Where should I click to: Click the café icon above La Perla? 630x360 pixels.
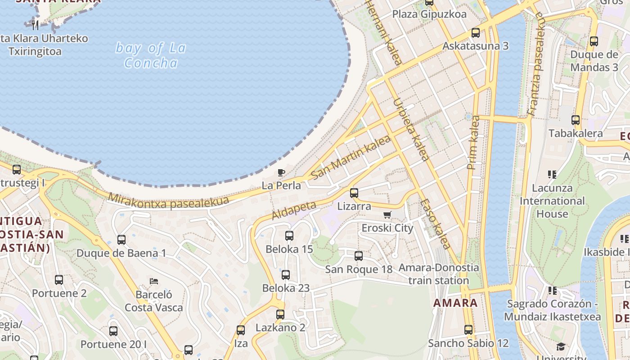click(x=281, y=172)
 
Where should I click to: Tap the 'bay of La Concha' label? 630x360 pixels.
click(x=151, y=55)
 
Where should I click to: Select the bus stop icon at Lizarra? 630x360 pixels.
click(x=354, y=193)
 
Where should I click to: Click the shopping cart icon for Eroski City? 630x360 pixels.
click(x=387, y=215)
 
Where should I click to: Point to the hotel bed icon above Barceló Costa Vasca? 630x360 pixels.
click(x=154, y=282)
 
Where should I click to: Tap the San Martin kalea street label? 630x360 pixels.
click(x=351, y=157)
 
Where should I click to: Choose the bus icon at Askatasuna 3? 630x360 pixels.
click(x=476, y=33)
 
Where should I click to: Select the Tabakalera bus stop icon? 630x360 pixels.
click(x=576, y=120)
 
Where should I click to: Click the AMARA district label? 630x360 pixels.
click(x=455, y=303)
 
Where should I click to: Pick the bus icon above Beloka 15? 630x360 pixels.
click(x=289, y=235)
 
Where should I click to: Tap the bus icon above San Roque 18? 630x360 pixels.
click(x=359, y=256)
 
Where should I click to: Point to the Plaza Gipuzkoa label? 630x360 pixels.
click(x=429, y=14)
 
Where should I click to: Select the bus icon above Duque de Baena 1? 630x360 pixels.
click(x=121, y=240)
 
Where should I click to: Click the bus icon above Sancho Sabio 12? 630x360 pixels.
click(x=468, y=330)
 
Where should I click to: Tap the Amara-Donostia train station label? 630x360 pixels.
click(x=439, y=274)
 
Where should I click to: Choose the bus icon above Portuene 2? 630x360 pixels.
click(x=59, y=280)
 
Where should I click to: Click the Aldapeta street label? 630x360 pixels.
click(x=294, y=210)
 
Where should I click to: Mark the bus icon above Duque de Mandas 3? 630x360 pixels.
click(x=594, y=41)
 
